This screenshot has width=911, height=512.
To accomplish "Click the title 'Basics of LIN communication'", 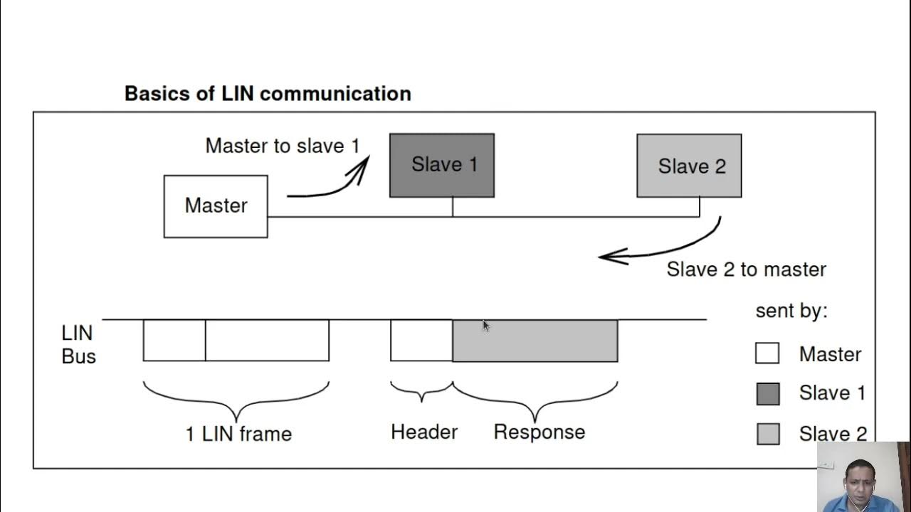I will click(268, 93).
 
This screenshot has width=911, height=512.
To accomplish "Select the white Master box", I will click(216, 206).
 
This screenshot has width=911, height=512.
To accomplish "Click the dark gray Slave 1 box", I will click(442, 165).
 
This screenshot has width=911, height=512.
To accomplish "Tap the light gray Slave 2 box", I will click(689, 166).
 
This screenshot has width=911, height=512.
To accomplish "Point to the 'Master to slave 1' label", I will click(283, 146).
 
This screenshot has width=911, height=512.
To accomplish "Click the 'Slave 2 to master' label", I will click(746, 270).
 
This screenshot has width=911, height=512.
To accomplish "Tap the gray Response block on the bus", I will click(535, 341).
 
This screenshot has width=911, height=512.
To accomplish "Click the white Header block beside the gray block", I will click(421, 341).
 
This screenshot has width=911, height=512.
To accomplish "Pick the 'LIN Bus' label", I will click(78, 344).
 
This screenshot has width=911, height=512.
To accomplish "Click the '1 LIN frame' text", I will click(238, 434).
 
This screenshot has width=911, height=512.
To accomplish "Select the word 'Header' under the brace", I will click(424, 432).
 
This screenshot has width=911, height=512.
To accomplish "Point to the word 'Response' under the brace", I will click(539, 432).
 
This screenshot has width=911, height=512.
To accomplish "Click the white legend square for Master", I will click(767, 353).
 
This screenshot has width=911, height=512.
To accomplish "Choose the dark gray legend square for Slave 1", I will click(767, 393).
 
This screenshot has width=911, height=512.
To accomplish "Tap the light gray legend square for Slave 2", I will click(767, 434).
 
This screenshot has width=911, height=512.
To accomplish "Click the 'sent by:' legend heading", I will click(791, 311).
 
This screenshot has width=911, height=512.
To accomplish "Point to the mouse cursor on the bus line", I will click(485, 326).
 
